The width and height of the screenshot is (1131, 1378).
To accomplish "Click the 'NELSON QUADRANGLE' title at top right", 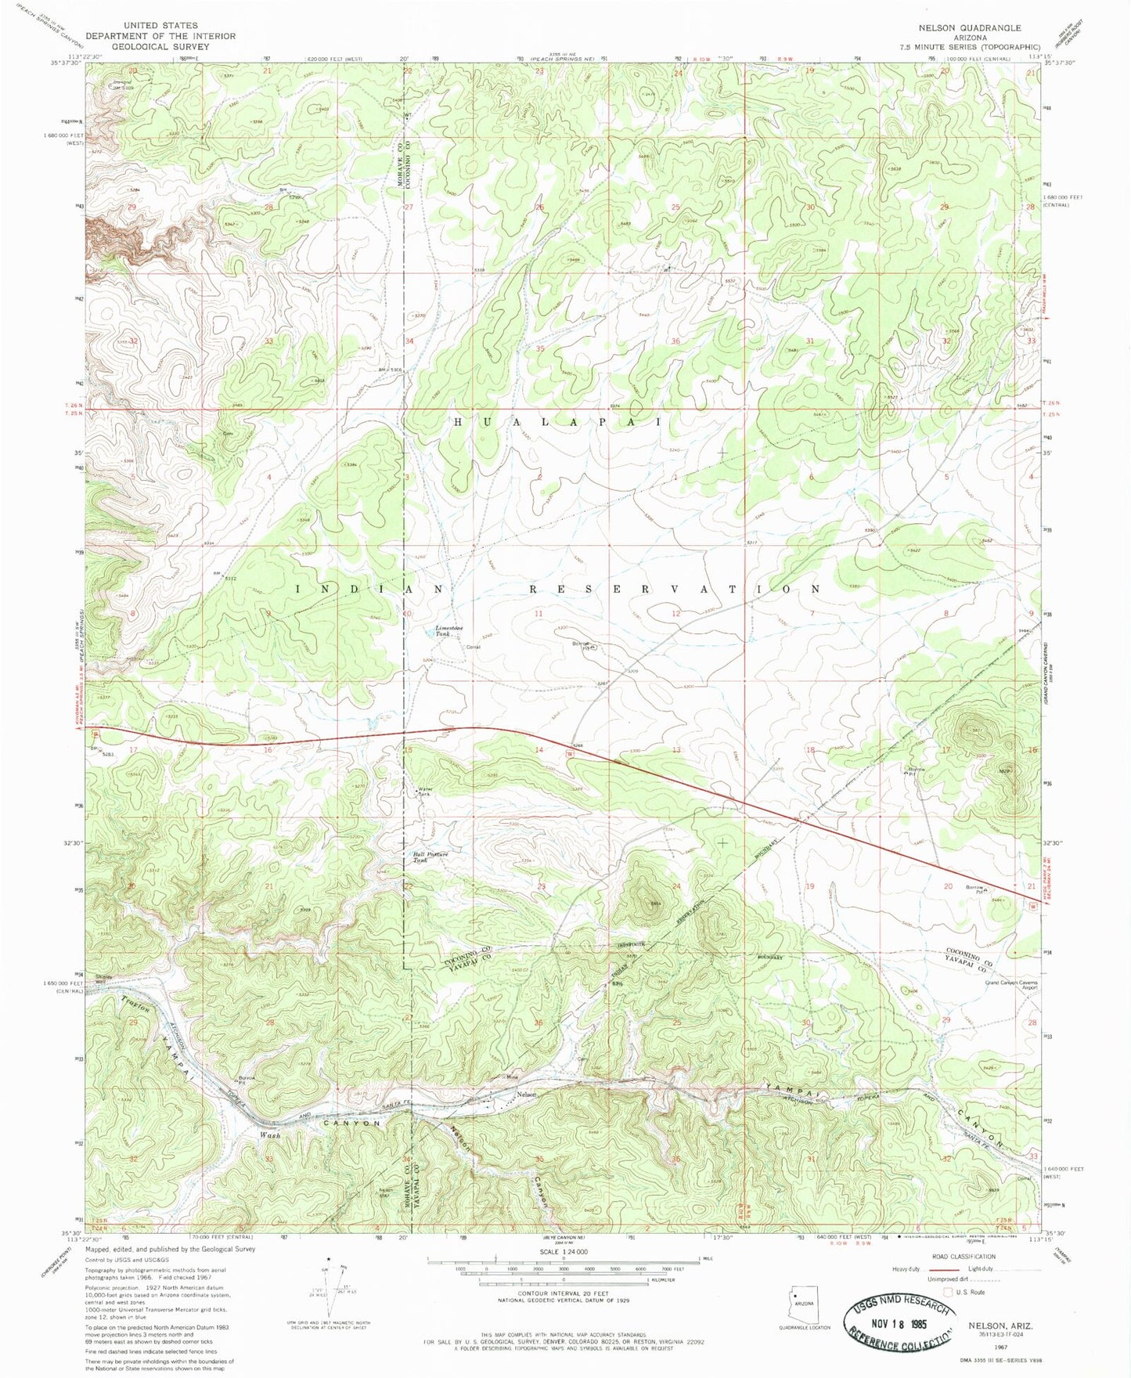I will click(970, 27).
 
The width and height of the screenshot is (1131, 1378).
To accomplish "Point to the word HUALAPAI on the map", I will click(558, 422).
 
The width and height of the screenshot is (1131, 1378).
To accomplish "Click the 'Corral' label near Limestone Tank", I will click(472, 647).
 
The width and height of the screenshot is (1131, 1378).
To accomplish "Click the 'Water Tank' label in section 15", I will click(425, 791).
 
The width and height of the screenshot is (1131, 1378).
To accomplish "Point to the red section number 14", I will click(538, 750).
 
